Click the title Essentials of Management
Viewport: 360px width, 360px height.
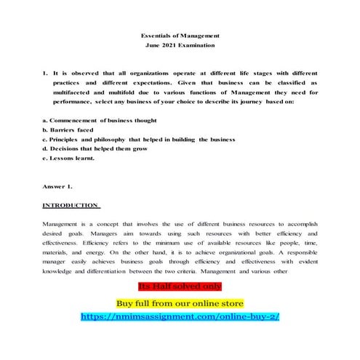coord(180,35)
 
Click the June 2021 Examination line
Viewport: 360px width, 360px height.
coord(180,45)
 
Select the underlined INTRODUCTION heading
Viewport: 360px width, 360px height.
coord(71,205)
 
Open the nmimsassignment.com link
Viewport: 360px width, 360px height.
coord(180,317)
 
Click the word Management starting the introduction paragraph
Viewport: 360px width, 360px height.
coord(62,224)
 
